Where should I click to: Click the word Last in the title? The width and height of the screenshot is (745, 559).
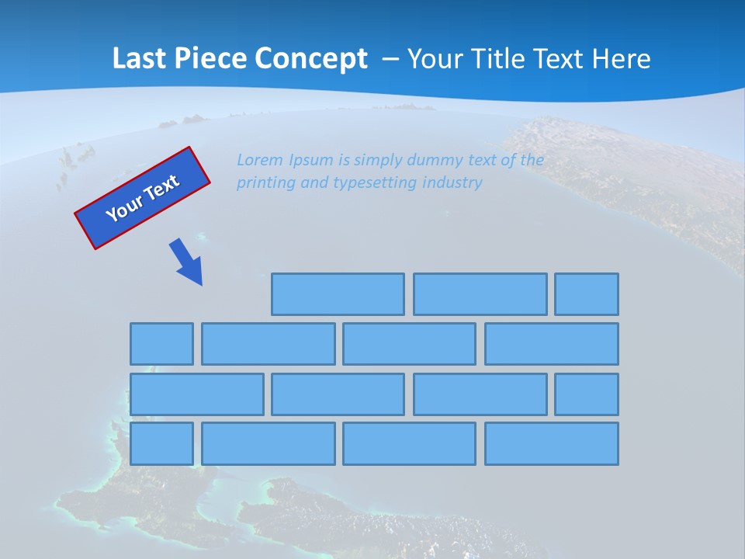coord(140,59)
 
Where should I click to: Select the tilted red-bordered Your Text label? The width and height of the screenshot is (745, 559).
coord(143,199)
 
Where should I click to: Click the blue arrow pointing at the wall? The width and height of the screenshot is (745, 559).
coord(187,262)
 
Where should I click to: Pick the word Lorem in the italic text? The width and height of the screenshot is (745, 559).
coord(260,161)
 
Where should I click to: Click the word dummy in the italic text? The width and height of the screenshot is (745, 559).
coord(437,161)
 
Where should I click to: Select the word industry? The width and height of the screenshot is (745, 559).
coord(452,183)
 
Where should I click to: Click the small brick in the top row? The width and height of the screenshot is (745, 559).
coord(587,294)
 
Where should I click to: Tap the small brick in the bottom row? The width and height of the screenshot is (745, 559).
coord(161,444)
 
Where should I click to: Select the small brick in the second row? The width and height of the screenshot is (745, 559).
coord(161,344)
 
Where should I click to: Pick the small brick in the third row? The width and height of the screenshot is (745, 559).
coord(587,394)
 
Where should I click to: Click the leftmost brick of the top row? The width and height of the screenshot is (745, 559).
coord(338,294)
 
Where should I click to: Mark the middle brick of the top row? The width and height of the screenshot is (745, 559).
coord(480,294)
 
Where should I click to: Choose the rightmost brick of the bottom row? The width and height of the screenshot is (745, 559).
coord(552,444)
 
